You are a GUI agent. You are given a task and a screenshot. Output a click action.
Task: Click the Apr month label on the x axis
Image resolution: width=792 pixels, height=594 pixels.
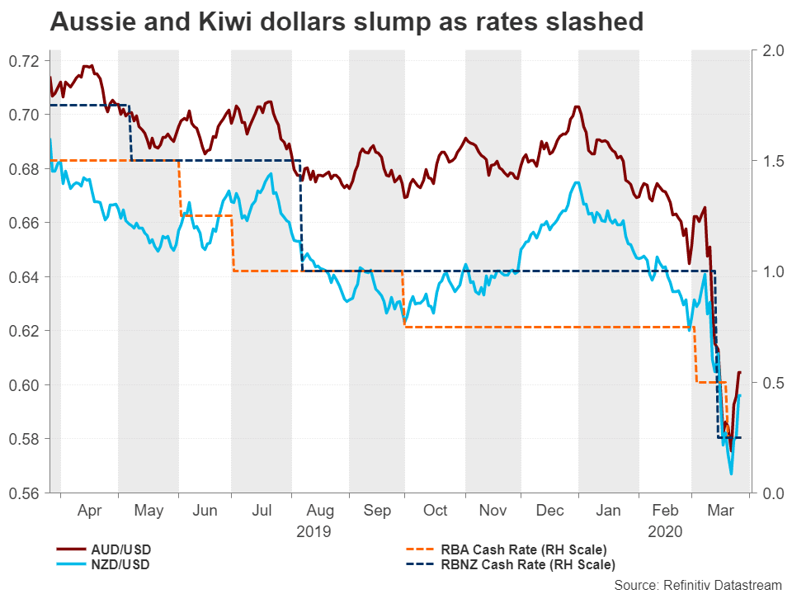[89, 511]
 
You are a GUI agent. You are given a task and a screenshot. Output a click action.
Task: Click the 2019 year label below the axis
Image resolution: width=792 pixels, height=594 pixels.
[313, 531]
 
